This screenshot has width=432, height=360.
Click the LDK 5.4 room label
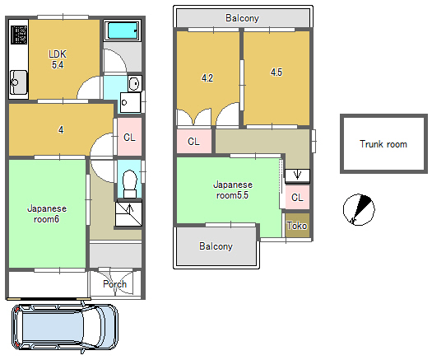tap(58, 59)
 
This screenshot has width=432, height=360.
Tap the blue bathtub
tap(123, 30)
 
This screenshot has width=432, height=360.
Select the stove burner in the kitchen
tap(19, 35)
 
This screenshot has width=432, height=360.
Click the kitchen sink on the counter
tap(18, 82)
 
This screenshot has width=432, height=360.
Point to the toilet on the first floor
tap(130, 184)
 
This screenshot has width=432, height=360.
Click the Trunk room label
tap(383, 144)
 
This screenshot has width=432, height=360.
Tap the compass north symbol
tap(359, 209)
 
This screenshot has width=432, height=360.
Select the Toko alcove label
tap(297, 226)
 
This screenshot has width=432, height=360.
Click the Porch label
tap(115, 284)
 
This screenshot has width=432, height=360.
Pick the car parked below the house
tap(65, 327)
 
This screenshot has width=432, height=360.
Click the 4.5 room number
tap(276, 72)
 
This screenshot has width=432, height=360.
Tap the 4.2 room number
tap(207, 78)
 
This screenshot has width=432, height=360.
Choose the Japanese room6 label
tap(47, 214)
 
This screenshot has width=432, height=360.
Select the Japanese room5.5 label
tap(233, 189)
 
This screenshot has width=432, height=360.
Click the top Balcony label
tap(242, 18)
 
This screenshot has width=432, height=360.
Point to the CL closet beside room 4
tap(129, 137)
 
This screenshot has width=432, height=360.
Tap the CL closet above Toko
tap(297, 197)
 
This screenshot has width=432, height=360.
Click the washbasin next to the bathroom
tap(135, 83)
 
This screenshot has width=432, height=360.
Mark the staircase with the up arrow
tap(128, 214)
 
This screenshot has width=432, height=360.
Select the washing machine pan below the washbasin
tap(130, 102)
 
